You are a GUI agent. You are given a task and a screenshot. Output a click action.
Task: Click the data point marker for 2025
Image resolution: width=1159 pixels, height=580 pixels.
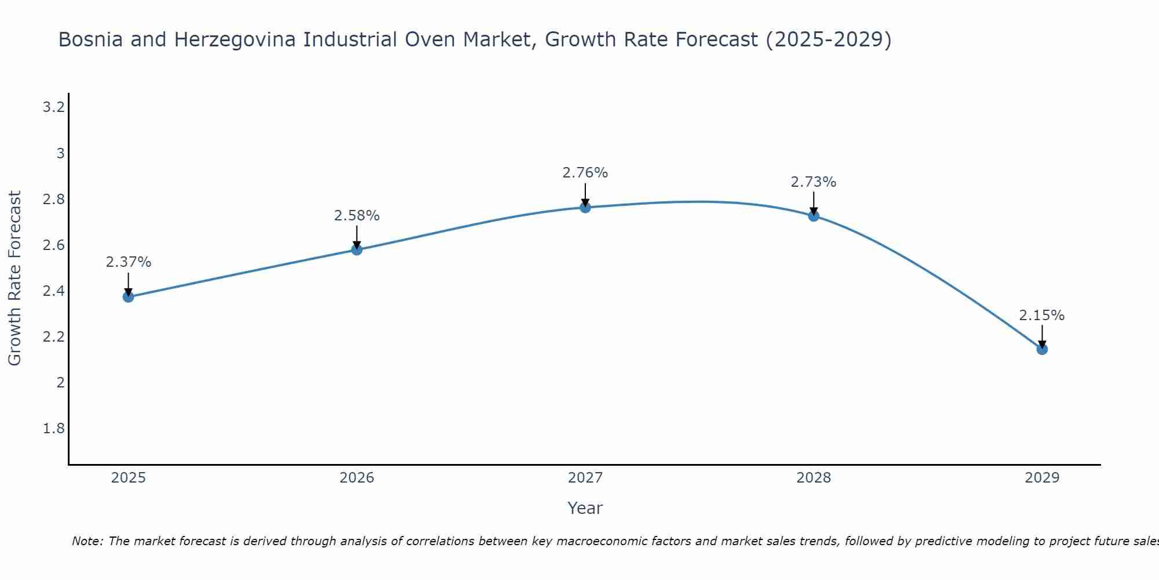coord(128,297)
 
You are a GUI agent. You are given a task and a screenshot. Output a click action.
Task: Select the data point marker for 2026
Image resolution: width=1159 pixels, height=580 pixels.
coord(357,249)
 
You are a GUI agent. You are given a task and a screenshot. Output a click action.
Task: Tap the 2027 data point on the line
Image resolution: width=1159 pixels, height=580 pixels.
coord(585,208)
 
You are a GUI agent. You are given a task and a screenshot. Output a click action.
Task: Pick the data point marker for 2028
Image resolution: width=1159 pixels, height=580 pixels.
coord(814,216)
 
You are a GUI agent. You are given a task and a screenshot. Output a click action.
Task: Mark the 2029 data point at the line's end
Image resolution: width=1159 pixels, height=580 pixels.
coord(1042,349)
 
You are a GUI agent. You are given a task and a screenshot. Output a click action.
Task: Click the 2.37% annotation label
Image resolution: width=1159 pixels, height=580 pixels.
coord(128,262)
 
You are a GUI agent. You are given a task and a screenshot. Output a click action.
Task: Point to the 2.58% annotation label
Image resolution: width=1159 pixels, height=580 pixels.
coord(357,216)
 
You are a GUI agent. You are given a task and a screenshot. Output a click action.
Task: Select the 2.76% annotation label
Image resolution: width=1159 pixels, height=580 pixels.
coord(585,173)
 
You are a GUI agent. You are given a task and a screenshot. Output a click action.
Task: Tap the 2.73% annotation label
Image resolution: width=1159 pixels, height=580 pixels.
coord(814,182)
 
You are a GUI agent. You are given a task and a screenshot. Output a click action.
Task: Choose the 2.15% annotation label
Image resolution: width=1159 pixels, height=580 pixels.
coord(1042,316)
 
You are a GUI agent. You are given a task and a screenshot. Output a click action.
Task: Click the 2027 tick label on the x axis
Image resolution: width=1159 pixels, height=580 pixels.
coord(585,478)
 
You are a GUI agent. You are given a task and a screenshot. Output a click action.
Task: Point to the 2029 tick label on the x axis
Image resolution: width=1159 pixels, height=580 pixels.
coord(1042,478)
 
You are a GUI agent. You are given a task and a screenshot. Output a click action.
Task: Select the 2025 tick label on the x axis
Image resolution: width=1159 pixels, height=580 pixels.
coord(128,478)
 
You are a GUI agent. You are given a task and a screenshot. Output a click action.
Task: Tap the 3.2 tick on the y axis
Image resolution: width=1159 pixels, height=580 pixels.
coord(53,107)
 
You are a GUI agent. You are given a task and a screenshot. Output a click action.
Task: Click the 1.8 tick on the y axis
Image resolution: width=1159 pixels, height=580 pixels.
coord(53,429)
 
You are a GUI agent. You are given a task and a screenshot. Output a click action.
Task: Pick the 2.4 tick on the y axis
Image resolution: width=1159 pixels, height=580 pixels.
coord(53,291)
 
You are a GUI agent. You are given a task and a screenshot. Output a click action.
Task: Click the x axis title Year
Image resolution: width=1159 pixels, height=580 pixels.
coord(585,508)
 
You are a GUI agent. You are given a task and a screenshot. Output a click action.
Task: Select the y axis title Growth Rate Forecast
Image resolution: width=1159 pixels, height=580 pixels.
coord(15,278)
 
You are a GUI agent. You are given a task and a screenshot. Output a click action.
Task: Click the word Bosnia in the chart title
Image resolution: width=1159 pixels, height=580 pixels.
coord(90,40)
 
